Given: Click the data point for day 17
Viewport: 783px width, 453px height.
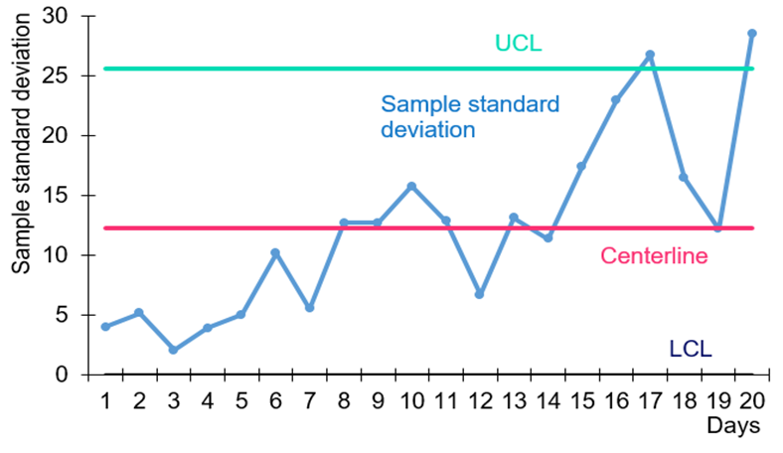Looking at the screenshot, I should (650, 55).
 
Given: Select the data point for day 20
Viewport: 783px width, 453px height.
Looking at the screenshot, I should (751, 33).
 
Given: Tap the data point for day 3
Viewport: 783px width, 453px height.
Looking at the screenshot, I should (173, 350).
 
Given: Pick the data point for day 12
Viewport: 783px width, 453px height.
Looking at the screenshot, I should (479, 294).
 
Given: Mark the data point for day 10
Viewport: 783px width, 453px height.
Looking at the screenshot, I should (411, 186).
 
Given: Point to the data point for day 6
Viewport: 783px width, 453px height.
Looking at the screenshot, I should (275, 252).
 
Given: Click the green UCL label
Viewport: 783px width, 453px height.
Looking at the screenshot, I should (519, 44).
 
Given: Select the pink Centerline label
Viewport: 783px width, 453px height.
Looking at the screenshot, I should (654, 256).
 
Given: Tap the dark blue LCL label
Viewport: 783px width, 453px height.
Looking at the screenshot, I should (691, 349).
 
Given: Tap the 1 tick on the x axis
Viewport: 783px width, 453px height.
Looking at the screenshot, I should (104, 400).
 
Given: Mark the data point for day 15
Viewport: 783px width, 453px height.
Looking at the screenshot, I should (581, 166).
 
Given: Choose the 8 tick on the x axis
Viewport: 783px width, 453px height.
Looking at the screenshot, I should (344, 400).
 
